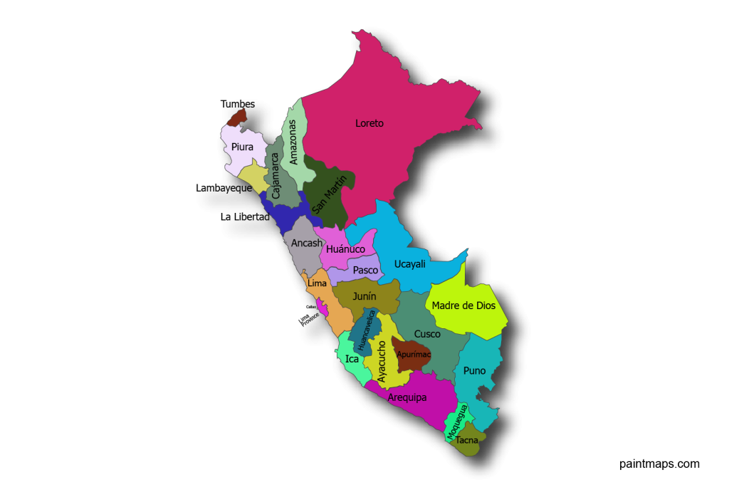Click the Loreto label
pyautogui.click(x=369, y=123)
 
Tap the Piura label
pyautogui.click(x=242, y=147)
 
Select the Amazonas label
pyautogui.click(x=293, y=142)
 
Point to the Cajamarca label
pyautogui.click(x=275, y=175)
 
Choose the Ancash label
pyautogui.click(x=307, y=243)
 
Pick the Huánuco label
pyautogui.click(x=346, y=249)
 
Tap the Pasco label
pyautogui.click(x=365, y=270)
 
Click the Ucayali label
pyautogui.click(x=409, y=264)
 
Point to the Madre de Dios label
pyautogui.click(x=463, y=305)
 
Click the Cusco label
pyautogui.click(x=427, y=333)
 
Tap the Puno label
pyautogui.click(x=474, y=370)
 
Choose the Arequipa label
pyautogui.click(x=407, y=397)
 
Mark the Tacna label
pyautogui.click(x=467, y=440)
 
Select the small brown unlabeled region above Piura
pyautogui.click(x=238, y=117)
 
